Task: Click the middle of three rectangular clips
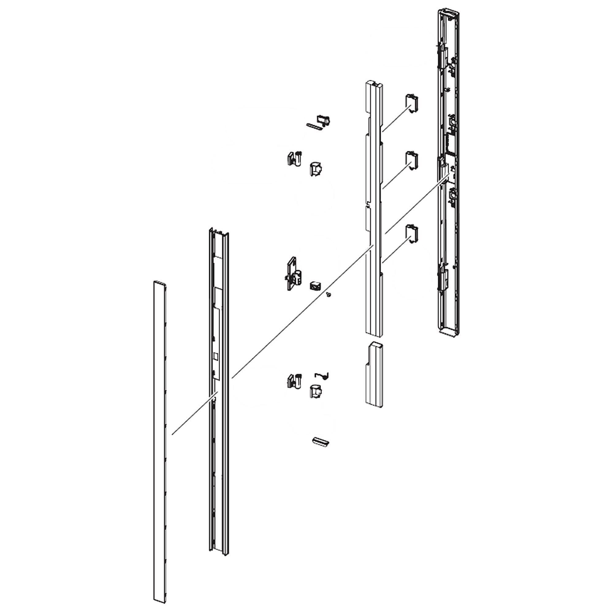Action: tap(412, 161)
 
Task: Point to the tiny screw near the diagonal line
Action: tap(329, 295)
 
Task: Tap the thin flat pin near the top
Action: tap(314, 126)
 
